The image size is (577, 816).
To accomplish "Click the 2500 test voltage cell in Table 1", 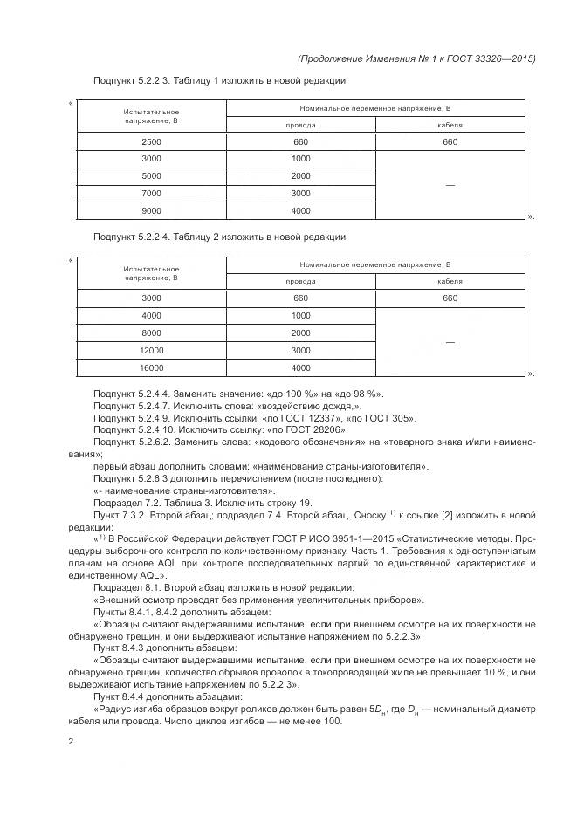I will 151,141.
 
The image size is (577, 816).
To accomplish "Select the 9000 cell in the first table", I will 151,210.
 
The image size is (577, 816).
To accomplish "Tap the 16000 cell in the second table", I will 151,367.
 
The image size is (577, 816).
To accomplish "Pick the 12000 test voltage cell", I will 151,350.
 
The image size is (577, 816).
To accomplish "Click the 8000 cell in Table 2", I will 151,333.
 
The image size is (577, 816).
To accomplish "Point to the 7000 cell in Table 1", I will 151,193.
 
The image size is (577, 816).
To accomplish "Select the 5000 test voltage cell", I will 151,175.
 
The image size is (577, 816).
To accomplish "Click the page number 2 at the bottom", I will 71,742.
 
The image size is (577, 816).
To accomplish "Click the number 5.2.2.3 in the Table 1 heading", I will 157,81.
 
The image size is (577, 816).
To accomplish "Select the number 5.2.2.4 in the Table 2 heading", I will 157,237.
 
